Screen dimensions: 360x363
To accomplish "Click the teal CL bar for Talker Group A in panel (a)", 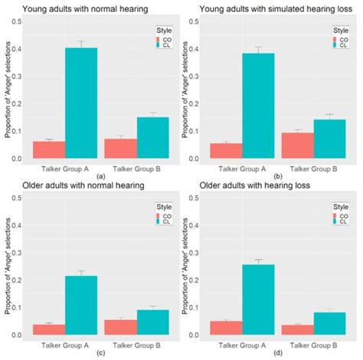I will (81, 103).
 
